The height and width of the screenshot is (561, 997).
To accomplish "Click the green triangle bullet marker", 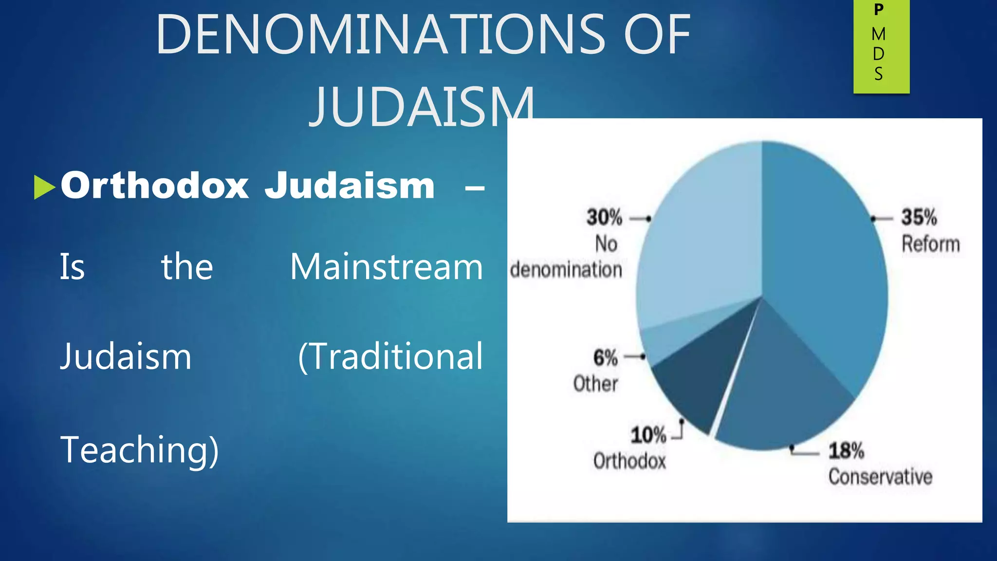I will (x=44, y=187).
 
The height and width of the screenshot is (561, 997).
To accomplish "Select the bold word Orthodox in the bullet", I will (x=155, y=186).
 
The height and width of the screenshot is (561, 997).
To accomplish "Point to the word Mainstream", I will (x=386, y=267).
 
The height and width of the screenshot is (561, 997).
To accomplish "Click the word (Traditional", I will (x=390, y=357).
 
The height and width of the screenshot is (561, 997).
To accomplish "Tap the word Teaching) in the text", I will (x=140, y=449).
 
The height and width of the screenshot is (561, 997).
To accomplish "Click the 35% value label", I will (x=919, y=217).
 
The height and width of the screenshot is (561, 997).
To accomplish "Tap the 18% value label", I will (x=846, y=451).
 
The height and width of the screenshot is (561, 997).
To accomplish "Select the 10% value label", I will (x=648, y=435).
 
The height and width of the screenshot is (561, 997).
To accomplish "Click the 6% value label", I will (x=605, y=358).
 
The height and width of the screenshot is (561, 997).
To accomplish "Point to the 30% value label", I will (x=604, y=217).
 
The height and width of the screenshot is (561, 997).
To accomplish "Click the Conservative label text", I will (x=880, y=477).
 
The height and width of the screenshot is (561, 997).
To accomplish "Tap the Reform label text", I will (x=930, y=244).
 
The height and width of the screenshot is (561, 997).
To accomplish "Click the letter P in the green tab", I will (x=879, y=10).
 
